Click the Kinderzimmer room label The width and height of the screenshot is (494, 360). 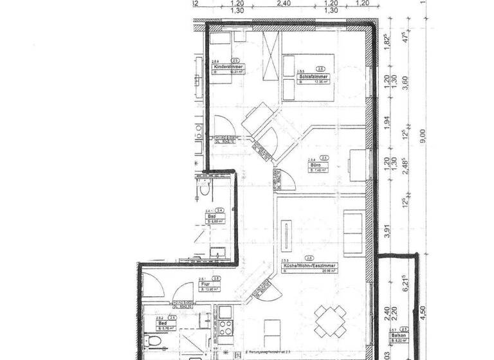(228, 67)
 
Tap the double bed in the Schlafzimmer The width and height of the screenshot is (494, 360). (307, 76)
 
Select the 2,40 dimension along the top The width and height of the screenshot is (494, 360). (284, 3)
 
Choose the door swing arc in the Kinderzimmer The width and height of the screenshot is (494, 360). (221, 126)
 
